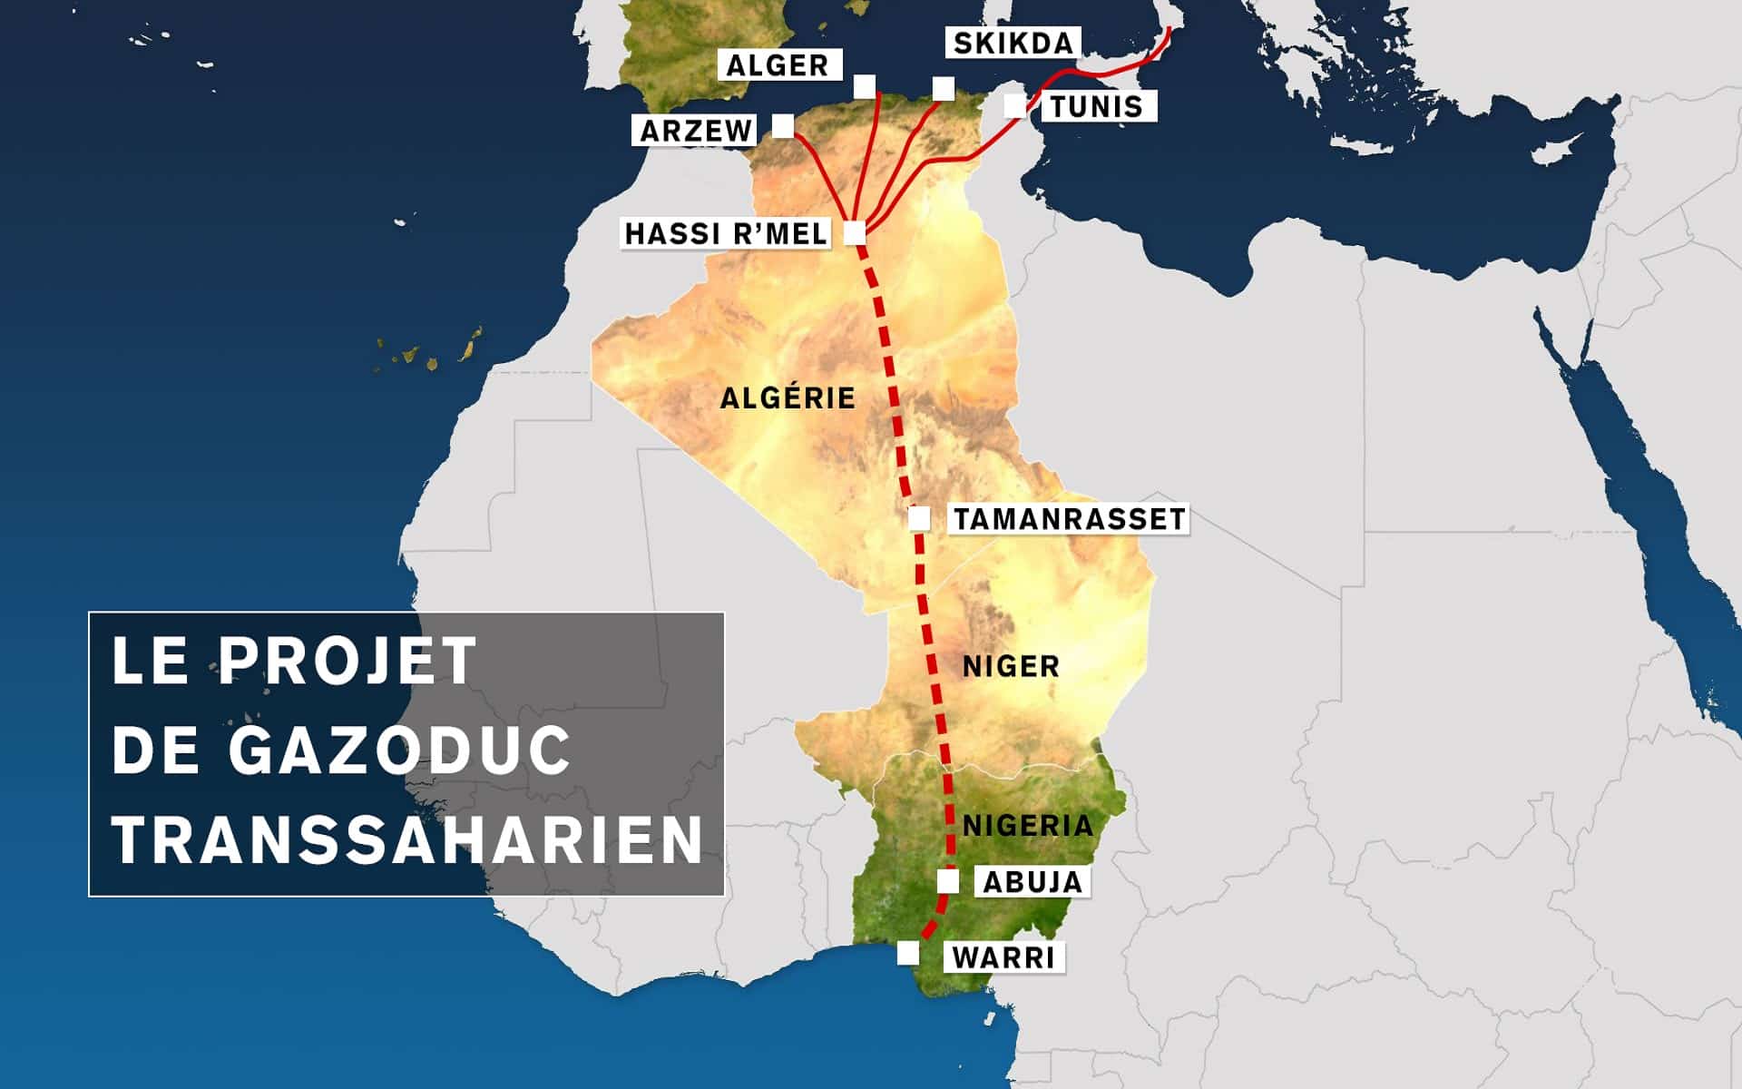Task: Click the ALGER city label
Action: click(778, 65)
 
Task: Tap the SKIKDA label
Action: click(1013, 43)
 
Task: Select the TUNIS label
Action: click(1096, 106)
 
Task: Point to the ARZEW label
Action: click(696, 131)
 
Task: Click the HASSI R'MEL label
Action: click(726, 233)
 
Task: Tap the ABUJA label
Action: click(1032, 881)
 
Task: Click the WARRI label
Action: click(1004, 957)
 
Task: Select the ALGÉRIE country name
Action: click(788, 397)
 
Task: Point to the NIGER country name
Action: click(1011, 666)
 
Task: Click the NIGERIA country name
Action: click(1027, 825)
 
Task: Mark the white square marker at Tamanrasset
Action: click(919, 519)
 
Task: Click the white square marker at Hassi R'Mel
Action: click(855, 233)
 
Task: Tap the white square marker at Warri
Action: click(907, 953)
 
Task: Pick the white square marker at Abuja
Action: click(947, 880)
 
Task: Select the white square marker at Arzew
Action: click(782, 125)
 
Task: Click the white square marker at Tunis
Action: click(1014, 105)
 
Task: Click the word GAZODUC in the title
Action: click(399, 750)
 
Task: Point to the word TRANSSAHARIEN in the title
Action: click(407, 839)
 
